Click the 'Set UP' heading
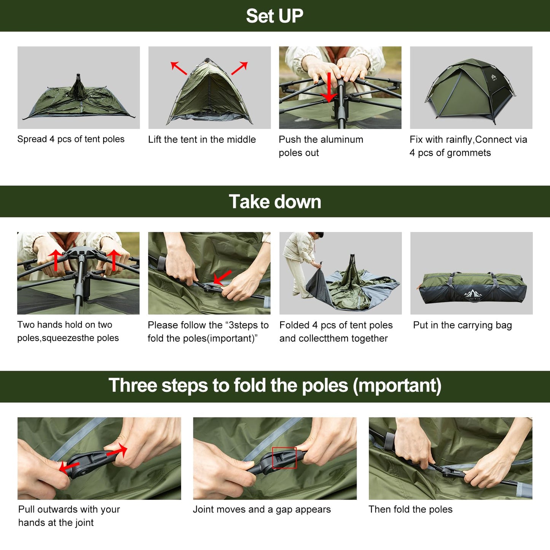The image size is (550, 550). [274, 16]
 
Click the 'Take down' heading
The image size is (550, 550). [275, 201]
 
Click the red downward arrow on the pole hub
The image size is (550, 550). [329, 87]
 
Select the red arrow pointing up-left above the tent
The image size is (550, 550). [179, 68]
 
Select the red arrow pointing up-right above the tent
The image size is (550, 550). [239, 68]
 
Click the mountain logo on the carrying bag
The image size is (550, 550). [472, 293]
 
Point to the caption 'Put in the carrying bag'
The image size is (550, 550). [462, 325]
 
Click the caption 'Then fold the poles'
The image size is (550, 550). [410, 509]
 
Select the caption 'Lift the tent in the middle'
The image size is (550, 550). [202, 139]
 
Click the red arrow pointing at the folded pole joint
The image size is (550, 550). [222, 277]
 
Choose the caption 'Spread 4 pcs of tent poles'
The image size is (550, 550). [71, 139]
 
